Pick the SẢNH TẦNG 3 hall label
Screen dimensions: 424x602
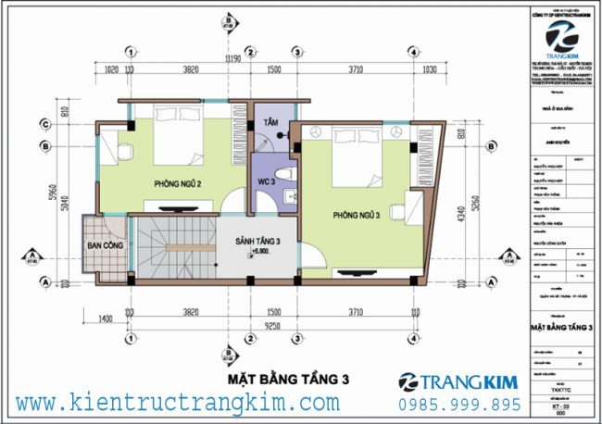point(257,242)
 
